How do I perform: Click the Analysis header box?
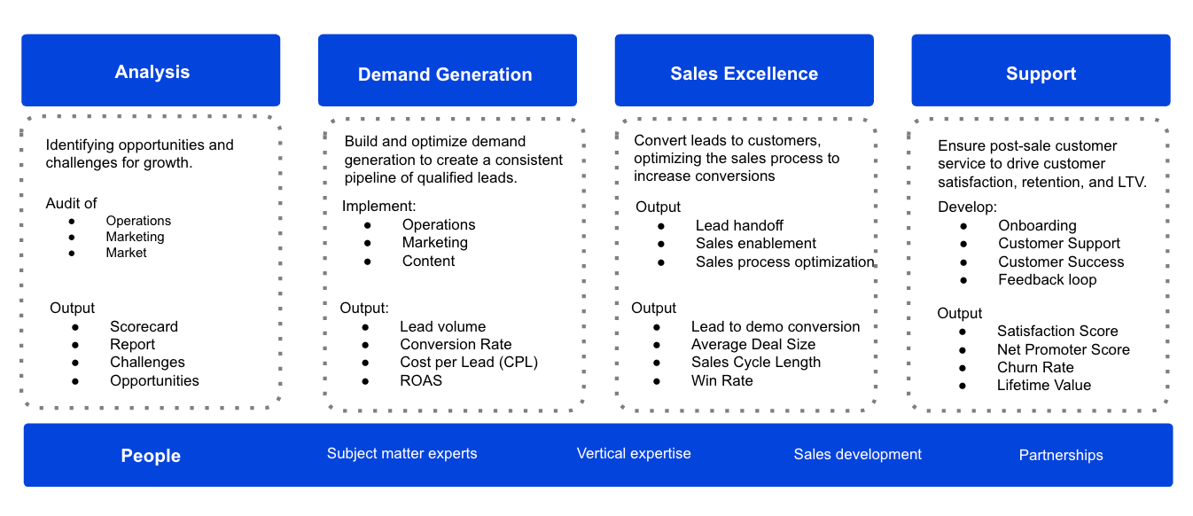click(x=152, y=72)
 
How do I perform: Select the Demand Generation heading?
click(x=445, y=74)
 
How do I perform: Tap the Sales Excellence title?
click(x=744, y=74)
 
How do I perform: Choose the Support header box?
click(x=1041, y=74)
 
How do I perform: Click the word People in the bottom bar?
click(x=151, y=456)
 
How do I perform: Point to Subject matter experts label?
click(x=402, y=454)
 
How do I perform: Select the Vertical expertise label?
click(x=634, y=454)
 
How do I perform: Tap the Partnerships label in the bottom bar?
click(x=1061, y=455)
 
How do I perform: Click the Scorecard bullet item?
click(x=144, y=326)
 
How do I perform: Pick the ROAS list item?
click(x=420, y=380)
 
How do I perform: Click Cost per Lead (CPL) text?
click(x=469, y=362)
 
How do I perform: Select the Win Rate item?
click(x=721, y=380)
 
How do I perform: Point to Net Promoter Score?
click(x=1063, y=349)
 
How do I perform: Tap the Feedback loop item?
click(x=1047, y=279)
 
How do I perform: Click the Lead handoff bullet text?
click(x=739, y=225)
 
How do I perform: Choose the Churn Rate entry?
click(x=1035, y=367)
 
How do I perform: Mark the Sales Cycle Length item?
click(x=755, y=362)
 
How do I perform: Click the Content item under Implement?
click(x=428, y=261)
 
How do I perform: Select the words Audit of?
click(x=72, y=203)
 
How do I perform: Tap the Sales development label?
click(x=857, y=454)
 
